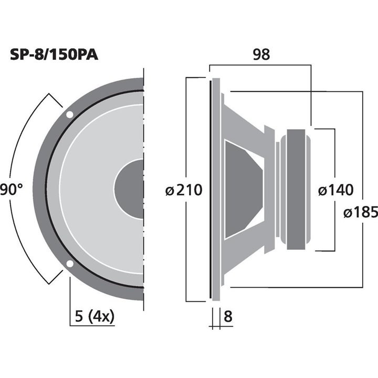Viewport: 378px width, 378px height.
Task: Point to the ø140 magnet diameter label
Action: (335, 190)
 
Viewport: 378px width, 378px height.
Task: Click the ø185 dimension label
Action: (360, 212)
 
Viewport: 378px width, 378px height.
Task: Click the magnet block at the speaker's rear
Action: (295, 190)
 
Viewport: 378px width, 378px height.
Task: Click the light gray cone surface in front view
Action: (89, 190)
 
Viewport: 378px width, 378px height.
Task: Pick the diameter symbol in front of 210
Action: (169, 190)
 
